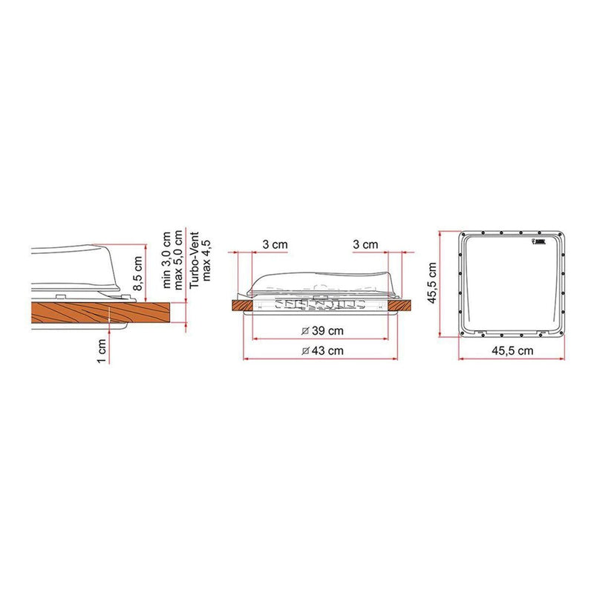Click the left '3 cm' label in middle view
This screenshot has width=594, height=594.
click(x=274, y=244)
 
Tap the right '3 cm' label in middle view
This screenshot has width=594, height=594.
click(x=365, y=244)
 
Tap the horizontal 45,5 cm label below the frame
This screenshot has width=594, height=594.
click(x=512, y=349)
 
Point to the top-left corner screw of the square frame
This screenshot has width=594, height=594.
click(x=463, y=235)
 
